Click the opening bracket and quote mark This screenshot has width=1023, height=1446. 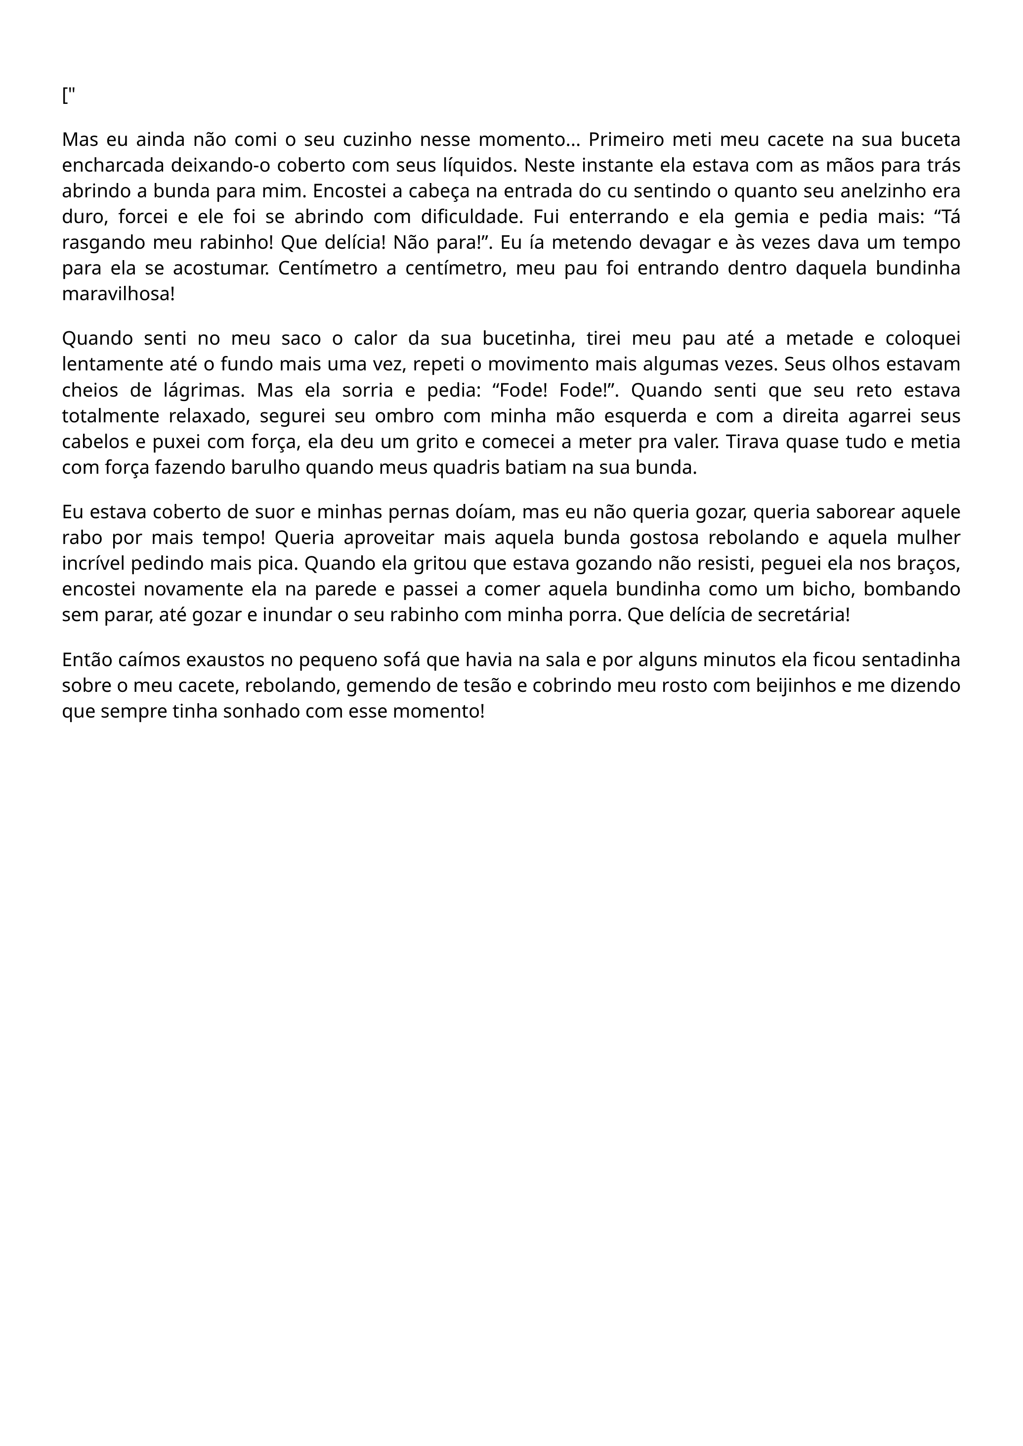[x=69, y=96]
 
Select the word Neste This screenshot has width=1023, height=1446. [x=548, y=165]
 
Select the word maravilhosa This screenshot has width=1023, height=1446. [x=118, y=294]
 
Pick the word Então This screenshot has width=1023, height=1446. [x=87, y=660]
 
